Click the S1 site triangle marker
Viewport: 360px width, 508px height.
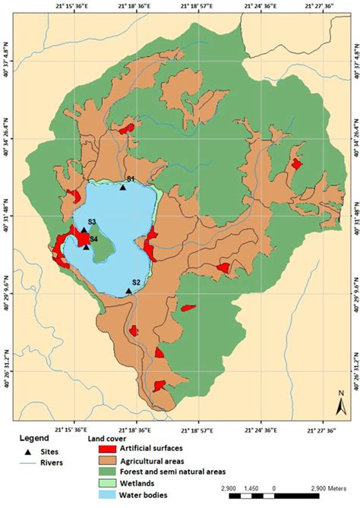click(122, 186)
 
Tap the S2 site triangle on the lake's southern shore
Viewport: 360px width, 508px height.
click(129, 290)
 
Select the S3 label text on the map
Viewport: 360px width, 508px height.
click(91, 222)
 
